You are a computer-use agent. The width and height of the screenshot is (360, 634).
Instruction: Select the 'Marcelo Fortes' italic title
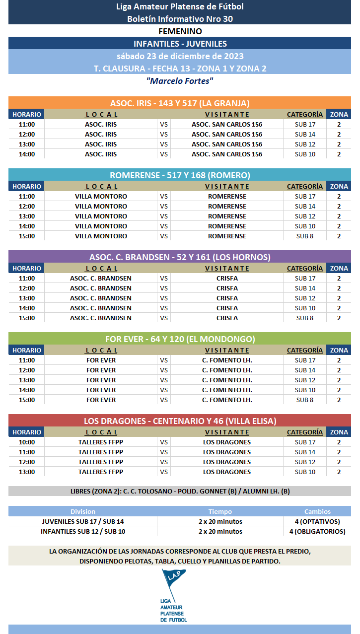coord(180,81)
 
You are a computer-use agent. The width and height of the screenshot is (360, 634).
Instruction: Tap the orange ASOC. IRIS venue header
coord(180,103)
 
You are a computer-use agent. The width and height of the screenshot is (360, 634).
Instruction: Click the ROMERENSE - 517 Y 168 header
coord(180,175)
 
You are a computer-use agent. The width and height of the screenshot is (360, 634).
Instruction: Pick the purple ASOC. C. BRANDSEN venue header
coord(180,257)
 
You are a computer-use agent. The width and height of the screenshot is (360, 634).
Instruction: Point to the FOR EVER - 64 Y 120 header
coord(180,339)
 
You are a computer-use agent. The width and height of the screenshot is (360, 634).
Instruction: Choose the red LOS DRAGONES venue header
coord(180,421)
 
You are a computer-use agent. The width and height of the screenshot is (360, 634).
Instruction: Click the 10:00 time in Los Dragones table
coord(27,442)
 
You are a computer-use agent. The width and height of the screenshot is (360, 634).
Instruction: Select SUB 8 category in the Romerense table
coord(305,236)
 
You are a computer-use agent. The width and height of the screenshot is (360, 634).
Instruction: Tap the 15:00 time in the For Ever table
coord(27,400)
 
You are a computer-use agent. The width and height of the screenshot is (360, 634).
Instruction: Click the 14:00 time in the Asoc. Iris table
coord(27,154)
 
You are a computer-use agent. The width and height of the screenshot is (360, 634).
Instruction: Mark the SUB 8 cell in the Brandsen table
coord(305,318)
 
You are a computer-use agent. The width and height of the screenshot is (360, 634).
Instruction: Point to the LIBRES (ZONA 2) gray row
coord(180,492)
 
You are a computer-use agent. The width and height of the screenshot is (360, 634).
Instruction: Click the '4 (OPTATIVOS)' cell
coord(317,522)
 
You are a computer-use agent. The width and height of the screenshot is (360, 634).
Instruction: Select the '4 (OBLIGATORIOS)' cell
coord(317,532)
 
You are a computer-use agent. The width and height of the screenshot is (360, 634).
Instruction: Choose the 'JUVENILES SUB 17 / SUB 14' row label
coord(83,522)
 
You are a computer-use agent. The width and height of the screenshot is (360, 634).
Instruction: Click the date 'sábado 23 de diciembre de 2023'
coord(180,56)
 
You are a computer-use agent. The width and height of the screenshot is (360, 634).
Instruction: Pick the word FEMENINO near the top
coord(180,31)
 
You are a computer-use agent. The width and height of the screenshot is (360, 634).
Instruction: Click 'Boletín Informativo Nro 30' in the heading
coord(180,19)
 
